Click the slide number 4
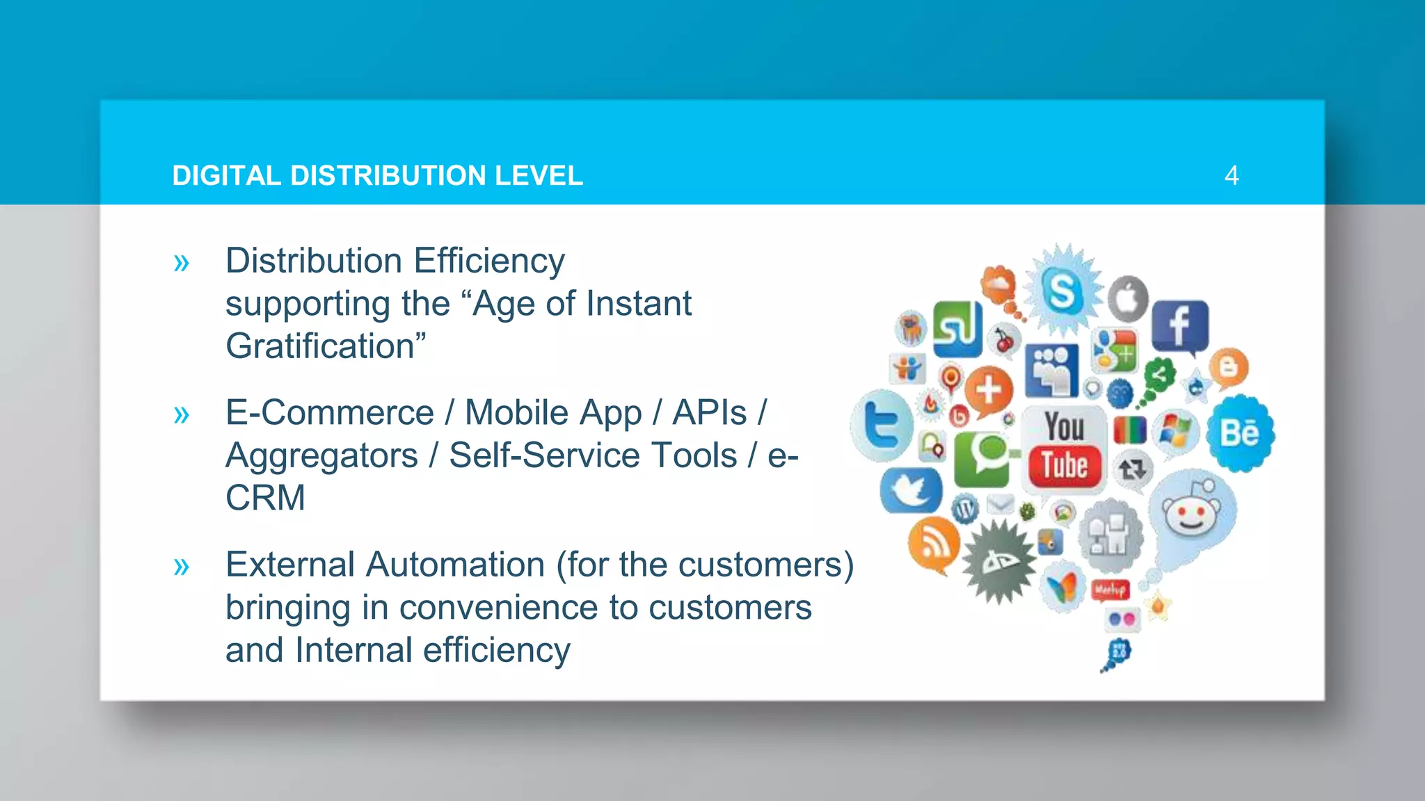(1231, 175)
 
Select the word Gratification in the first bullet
(321, 346)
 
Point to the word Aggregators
(321, 456)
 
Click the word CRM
(265, 498)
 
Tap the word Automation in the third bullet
(454, 565)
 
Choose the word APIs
(709, 413)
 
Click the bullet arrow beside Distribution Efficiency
(182, 263)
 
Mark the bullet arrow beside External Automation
(182, 566)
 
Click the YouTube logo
(1064, 448)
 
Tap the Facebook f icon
(1179, 325)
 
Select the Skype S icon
(1062, 291)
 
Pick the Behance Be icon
(1239, 433)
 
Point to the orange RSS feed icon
(933, 543)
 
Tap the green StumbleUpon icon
(957, 328)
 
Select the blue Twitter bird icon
(910, 490)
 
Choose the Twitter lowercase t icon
(882, 426)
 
